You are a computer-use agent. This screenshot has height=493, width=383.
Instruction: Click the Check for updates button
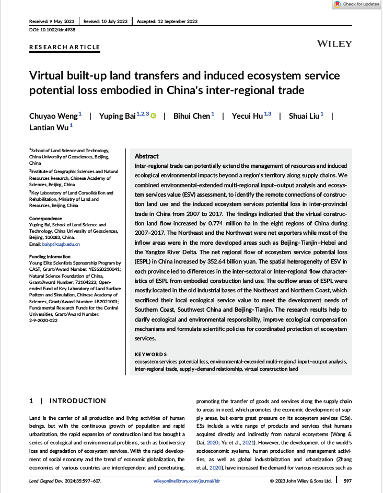(x=357, y=4)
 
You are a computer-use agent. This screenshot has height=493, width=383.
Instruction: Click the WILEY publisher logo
(x=334, y=43)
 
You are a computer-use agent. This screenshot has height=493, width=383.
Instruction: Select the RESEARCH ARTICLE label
(x=64, y=47)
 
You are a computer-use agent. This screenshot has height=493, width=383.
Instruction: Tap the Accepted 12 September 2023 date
(x=167, y=21)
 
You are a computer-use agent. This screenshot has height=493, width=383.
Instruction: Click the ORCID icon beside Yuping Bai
(x=154, y=116)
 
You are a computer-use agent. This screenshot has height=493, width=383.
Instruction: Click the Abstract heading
(x=146, y=156)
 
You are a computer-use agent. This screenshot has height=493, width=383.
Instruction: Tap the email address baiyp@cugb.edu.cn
(x=62, y=244)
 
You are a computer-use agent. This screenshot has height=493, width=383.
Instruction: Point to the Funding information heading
(x=51, y=256)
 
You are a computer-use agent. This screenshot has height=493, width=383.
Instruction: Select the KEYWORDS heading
(x=151, y=354)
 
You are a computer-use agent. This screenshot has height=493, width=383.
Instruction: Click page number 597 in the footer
(x=347, y=480)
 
